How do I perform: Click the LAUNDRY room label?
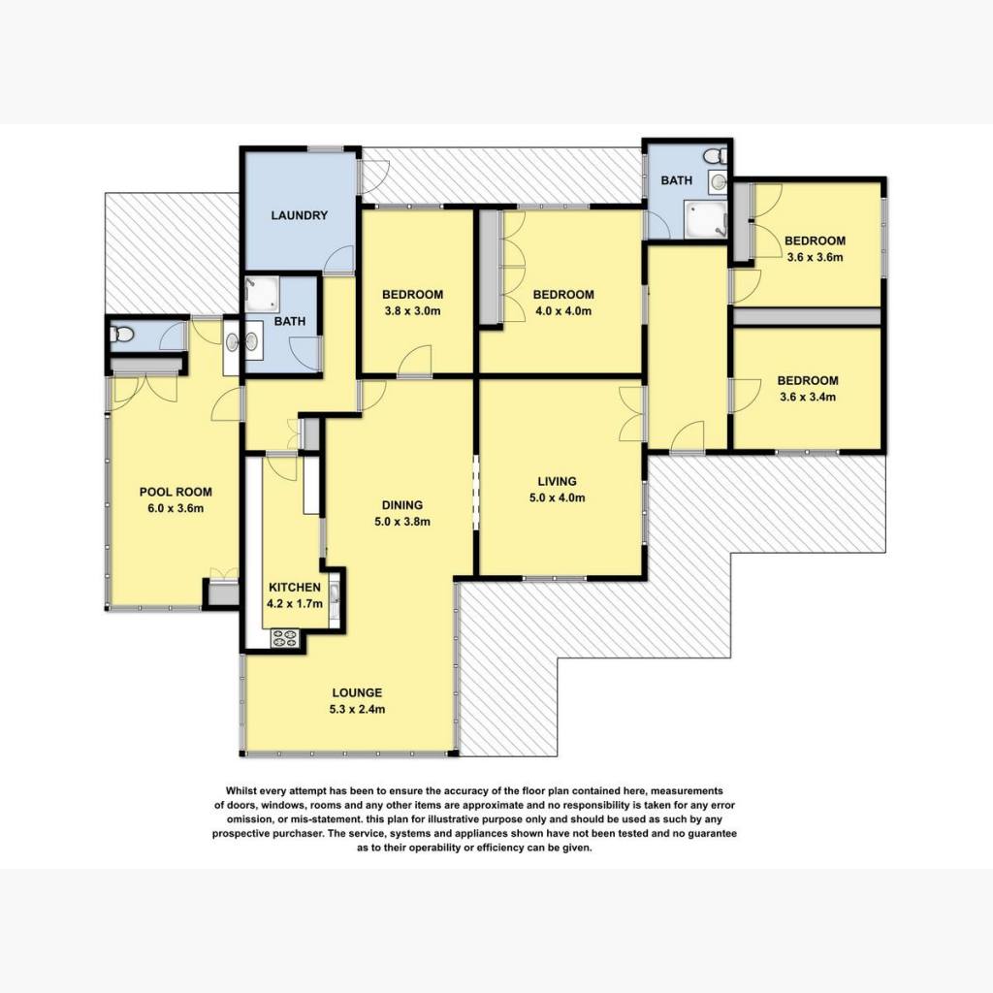(299, 215)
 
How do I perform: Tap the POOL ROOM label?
(176, 492)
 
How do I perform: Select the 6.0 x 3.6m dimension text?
(176, 508)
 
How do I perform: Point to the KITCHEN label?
(295, 587)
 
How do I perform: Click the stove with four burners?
(284, 638)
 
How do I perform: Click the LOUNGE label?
(357, 692)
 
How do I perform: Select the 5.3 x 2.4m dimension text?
(357, 709)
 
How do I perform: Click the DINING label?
(402, 505)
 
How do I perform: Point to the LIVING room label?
(558, 481)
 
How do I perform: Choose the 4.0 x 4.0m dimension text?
(563, 311)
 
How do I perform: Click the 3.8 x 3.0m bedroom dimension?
(412, 311)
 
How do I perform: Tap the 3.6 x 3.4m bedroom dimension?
(808, 397)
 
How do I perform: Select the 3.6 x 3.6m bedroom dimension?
(815, 257)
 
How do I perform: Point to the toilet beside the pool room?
(120, 334)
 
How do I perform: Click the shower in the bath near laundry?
(262, 293)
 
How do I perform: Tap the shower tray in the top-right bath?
(706, 219)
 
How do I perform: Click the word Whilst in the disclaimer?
(242, 791)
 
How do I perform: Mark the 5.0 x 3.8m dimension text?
(402, 522)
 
